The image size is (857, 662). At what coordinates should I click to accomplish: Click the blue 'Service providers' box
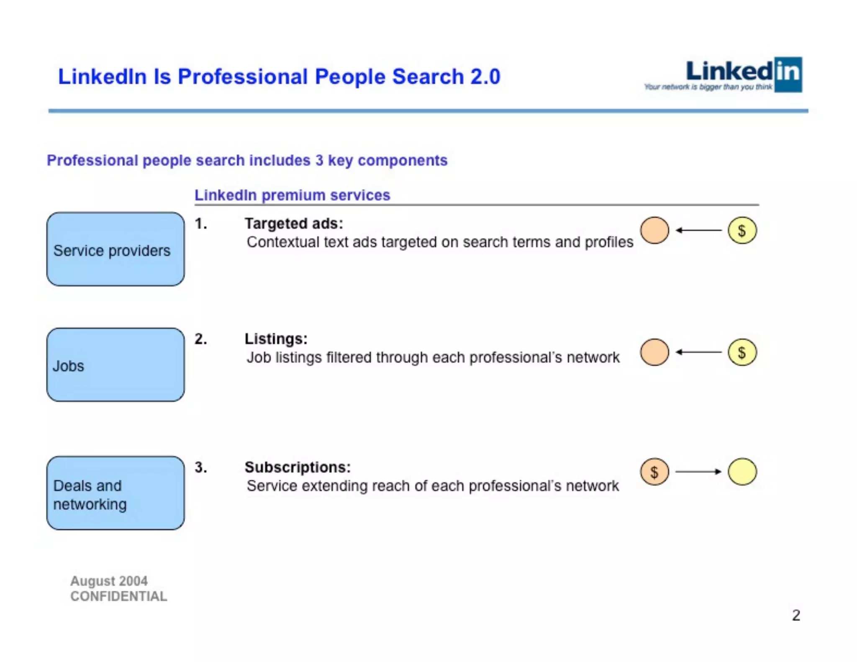[x=115, y=249]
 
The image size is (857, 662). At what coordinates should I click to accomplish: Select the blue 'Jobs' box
[x=115, y=365]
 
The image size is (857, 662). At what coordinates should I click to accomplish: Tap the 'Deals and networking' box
[x=115, y=493]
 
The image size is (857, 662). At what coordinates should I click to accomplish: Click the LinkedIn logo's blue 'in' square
[x=788, y=74]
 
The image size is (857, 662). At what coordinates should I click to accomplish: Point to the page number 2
[x=796, y=615]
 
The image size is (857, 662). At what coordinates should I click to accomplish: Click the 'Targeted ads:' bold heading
[x=294, y=223]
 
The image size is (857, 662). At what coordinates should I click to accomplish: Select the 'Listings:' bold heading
[x=276, y=339]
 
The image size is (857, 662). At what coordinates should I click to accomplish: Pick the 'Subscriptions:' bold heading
[x=298, y=467]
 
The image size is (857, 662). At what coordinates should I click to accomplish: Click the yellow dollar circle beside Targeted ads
[x=742, y=231]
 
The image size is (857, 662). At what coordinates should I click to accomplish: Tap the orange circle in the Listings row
[x=654, y=352]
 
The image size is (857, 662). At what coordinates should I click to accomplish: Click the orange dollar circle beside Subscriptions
[x=654, y=472]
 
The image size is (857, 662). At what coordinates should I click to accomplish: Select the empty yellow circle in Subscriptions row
[x=742, y=472]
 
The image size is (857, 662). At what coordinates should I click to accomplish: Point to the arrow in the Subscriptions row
[x=698, y=472]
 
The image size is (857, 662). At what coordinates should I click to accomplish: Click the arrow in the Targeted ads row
[x=698, y=230]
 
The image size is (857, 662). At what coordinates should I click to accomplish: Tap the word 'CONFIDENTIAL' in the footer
[x=118, y=596]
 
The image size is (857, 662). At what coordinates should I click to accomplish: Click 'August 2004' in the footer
[x=109, y=581]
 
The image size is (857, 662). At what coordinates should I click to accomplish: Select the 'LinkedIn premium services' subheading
[x=292, y=195]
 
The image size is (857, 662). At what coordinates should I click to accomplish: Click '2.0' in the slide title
[x=485, y=77]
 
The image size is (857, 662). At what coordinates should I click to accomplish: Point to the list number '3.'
[x=201, y=467]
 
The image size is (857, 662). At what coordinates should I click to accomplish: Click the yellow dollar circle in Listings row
[x=742, y=352]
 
